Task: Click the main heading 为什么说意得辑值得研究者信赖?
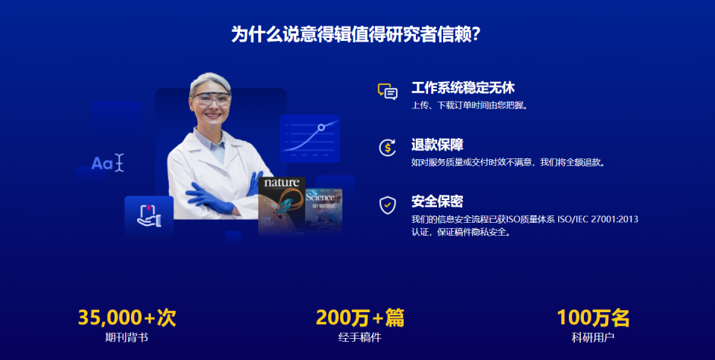point(357,34)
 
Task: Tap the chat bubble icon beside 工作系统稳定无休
point(387,92)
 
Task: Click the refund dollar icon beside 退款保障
point(387,147)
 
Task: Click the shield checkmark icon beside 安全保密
point(387,204)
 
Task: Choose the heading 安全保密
point(437,202)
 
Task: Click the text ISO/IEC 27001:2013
point(598,219)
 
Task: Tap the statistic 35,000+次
point(126,318)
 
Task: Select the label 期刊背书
point(126,337)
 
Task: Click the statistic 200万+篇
point(360,318)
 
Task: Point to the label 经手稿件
point(360,337)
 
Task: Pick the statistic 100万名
point(593,318)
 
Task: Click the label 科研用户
point(593,337)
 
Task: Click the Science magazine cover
point(324,208)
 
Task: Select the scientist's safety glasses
point(211,98)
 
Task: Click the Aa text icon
point(107,163)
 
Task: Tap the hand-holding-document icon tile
point(148,215)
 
